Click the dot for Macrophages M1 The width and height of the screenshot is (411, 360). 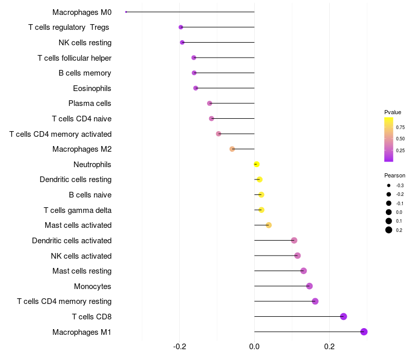pyautogui.click(x=364, y=332)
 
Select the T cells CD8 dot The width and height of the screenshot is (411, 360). pyautogui.click(x=344, y=316)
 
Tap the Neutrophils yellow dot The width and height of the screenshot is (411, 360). pyautogui.click(x=257, y=165)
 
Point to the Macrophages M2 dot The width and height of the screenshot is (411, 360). pyautogui.click(x=232, y=149)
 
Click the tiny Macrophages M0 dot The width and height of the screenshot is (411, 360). pyautogui.click(x=126, y=12)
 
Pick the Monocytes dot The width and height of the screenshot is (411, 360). pyautogui.click(x=309, y=286)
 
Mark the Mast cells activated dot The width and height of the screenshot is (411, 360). pyautogui.click(x=269, y=225)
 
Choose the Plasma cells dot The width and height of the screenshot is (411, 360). pyautogui.click(x=210, y=103)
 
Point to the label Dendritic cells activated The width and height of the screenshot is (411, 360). pyautogui.click(x=71, y=241)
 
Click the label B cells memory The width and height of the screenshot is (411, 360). pyautogui.click(x=85, y=73)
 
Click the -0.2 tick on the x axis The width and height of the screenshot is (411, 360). pyautogui.click(x=179, y=347)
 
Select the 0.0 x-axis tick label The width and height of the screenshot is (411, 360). pyautogui.click(x=254, y=347)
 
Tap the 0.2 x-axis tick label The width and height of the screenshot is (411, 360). pyautogui.click(x=329, y=347)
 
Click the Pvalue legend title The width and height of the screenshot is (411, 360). pyautogui.click(x=393, y=112)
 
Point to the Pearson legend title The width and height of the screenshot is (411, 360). pyautogui.click(x=395, y=175)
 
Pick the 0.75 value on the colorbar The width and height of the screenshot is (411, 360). pyautogui.click(x=400, y=128)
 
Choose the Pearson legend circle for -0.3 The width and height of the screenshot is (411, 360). pyautogui.click(x=389, y=185)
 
